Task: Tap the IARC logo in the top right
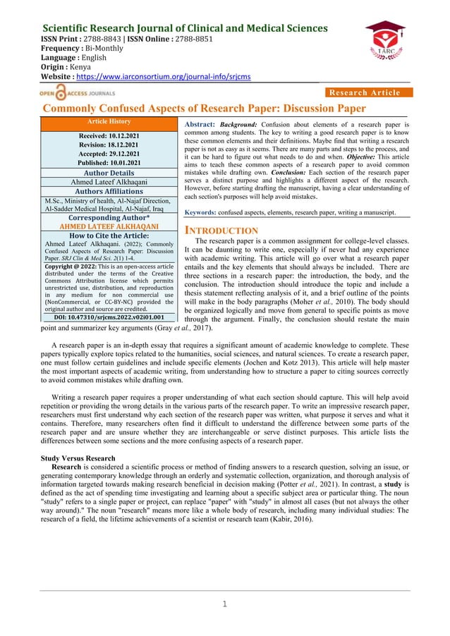(384, 43)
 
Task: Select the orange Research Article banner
(366, 92)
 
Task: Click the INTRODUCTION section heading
(221, 231)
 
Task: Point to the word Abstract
(200, 123)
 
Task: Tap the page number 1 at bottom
(225, 604)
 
